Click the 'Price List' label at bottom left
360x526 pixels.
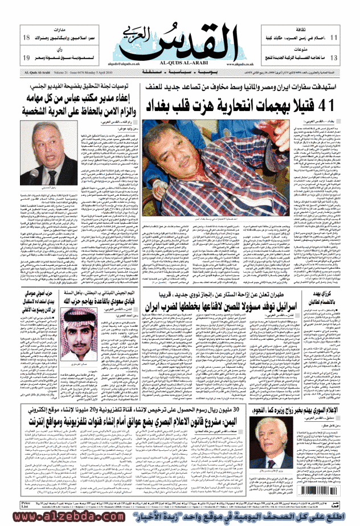[10, 506]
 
